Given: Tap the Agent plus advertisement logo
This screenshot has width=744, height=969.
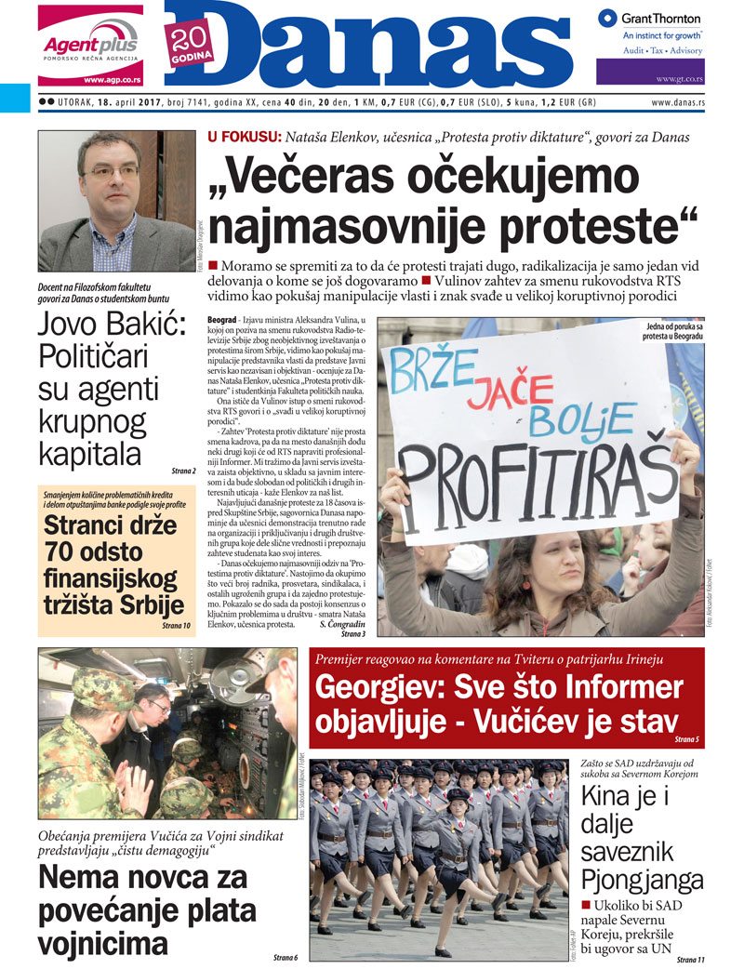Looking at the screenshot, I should (91, 44).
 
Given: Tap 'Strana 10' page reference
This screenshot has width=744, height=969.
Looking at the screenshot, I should (176, 626).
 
